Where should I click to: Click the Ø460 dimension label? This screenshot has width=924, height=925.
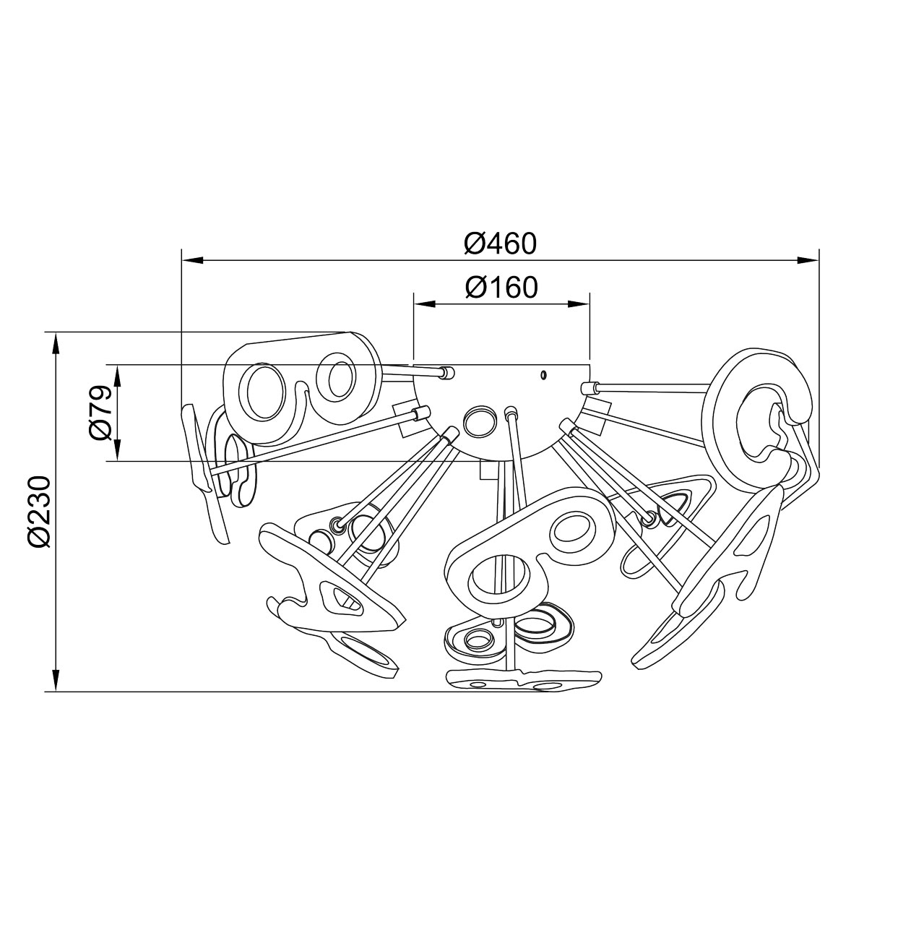click(x=500, y=244)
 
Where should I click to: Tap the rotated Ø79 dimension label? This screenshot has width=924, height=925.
click(x=100, y=412)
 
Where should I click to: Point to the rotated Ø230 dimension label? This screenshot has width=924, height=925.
click(x=39, y=511)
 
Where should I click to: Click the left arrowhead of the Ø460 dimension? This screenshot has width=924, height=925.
click(x=194, y=260)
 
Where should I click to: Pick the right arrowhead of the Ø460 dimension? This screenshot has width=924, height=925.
click(x=807, y=260)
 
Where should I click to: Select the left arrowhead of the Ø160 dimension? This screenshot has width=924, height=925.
click(x=426, y=304)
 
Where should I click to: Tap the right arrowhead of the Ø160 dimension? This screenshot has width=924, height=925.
click(x=578, y=304)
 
